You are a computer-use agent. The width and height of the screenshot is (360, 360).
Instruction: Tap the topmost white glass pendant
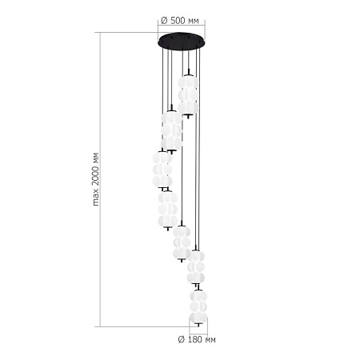(188, 94)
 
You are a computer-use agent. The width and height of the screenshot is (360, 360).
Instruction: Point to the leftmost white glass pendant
(162, 169)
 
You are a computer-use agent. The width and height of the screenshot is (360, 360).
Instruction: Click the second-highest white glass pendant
(170, 130)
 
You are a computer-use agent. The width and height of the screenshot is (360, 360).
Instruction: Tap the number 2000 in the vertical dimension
(95, 185)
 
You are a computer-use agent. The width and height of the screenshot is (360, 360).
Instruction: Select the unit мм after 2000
(95, 158)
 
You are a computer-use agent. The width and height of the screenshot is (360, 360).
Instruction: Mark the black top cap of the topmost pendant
(188, 73)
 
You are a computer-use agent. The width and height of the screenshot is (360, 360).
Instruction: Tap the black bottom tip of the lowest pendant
(197, 326)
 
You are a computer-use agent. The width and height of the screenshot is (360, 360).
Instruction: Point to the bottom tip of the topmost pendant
(188, 116)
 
